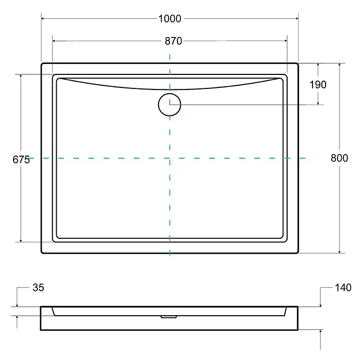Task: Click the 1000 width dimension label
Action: (x=170, y=19)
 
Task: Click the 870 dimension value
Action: (x=173, y=41)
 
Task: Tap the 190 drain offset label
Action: (x=318, y=85)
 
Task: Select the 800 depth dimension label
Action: (x=339, y=158)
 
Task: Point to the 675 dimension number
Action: (x=21, y=160)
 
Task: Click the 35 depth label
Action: (x=38, y=288)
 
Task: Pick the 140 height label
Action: (x=343, y=288)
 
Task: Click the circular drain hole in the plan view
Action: (x=170, y=105)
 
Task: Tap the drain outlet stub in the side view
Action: (x=169, y=317)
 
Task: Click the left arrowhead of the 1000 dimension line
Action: (x=43, y=19)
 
